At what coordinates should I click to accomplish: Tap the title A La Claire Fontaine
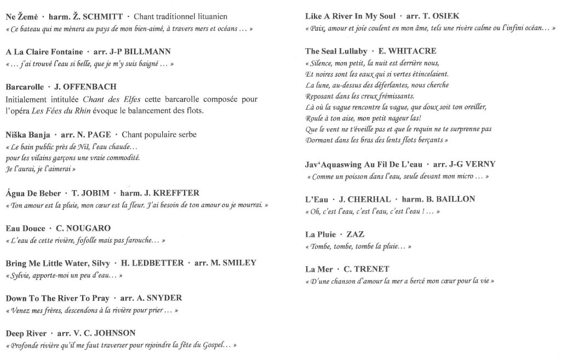coord(44,52)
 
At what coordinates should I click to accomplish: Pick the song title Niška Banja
coord(28,134)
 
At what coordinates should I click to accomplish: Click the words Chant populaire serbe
coord(159,134)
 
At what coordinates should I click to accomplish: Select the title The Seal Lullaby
coord(336,52)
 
